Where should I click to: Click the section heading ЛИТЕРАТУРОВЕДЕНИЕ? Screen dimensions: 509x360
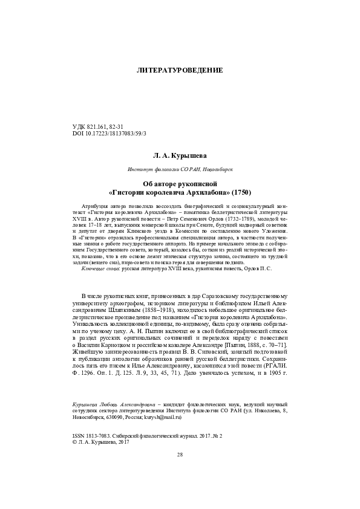pos(180,70)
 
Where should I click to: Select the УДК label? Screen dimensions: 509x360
pos(79,125)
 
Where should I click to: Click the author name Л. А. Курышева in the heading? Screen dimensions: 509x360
pos(180,155)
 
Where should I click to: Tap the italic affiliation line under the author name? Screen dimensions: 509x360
pos(180,170)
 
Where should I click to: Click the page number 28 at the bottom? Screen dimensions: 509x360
pos(180,472)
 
